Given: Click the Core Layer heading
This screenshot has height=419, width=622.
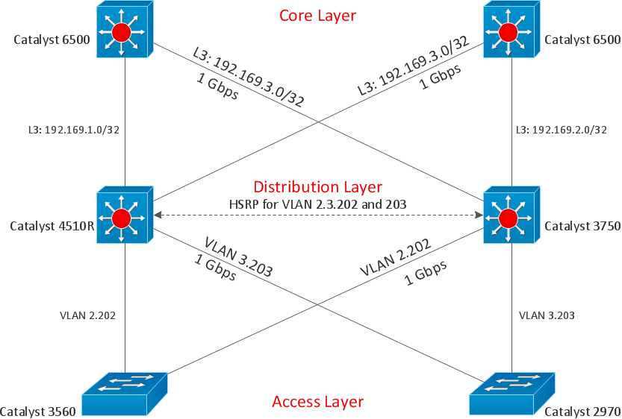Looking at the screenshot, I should [x=317, y=15].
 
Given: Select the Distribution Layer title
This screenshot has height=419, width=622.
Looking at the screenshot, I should [x=317, y=186].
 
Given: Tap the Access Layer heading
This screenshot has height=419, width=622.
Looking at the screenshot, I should [x=317, y=402].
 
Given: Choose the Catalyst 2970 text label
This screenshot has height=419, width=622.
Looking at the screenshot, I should [x=582, y=411].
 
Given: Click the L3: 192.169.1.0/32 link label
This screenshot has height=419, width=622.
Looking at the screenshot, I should [x=72, y=128].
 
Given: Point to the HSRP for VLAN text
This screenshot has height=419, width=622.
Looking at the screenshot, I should [x=317, y=204].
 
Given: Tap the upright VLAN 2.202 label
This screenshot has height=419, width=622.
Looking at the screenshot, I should [x=87, y=315].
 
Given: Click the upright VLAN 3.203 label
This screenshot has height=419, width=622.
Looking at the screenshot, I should [x=547, y=315].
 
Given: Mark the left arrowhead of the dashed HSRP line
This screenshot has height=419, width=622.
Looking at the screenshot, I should [x=157, y=215].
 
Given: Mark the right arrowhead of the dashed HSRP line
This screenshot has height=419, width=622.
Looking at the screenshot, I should [x=479, y=215].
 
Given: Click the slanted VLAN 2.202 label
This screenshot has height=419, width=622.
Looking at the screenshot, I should [x=395, y=258].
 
